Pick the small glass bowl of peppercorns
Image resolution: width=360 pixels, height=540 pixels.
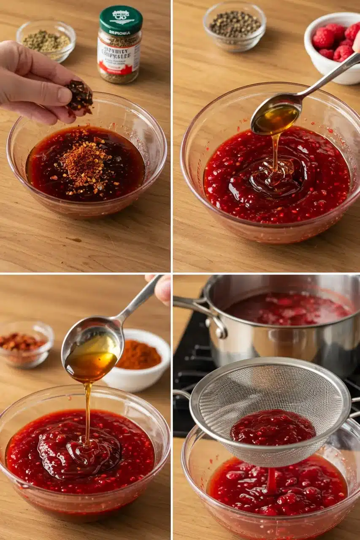click(x=234, y=26)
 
